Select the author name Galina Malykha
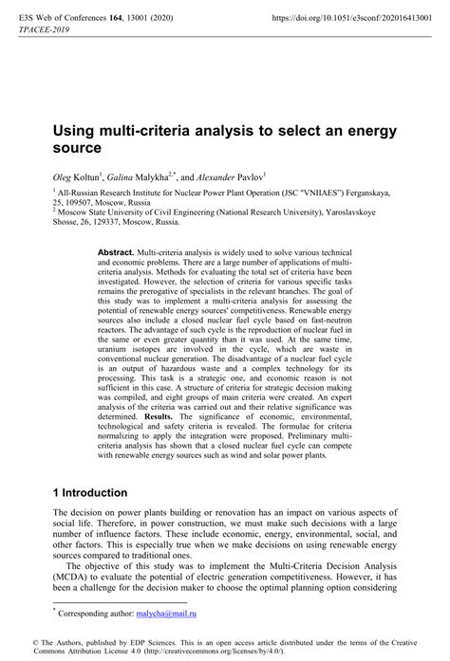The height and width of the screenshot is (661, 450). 139,176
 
